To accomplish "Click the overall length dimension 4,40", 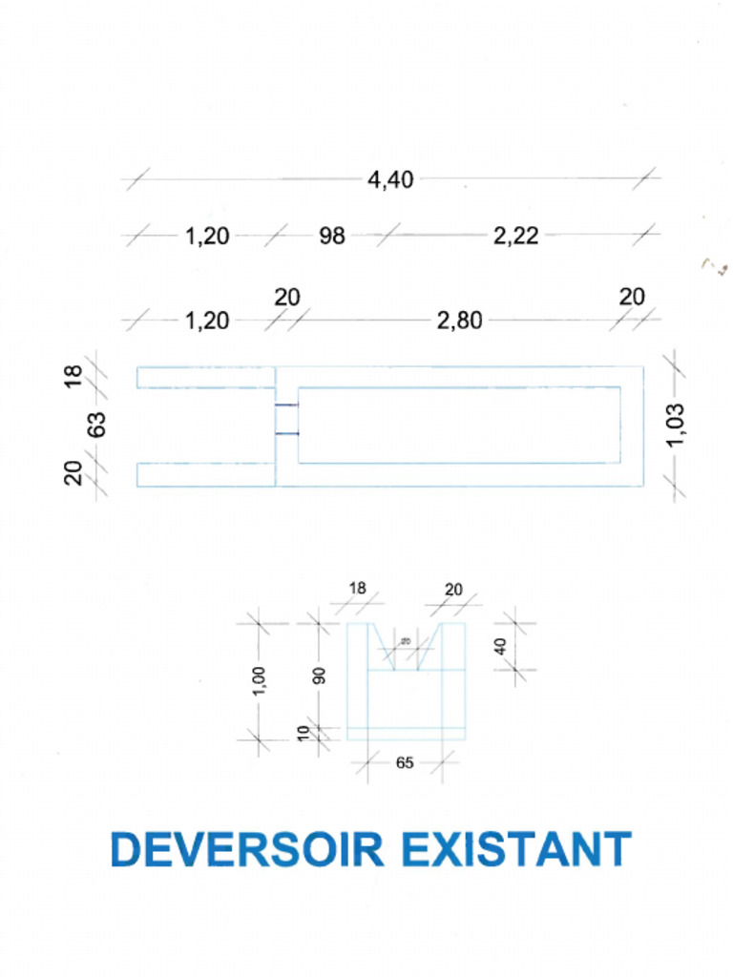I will click(391, 179).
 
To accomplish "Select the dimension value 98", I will click(331, 236).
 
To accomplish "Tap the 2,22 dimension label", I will click(516, 236).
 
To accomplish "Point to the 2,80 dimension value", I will click(459, 321).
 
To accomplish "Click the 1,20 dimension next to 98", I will click(207, 236).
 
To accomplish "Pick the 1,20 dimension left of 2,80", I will click(207, 321).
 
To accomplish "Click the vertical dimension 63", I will click(96, 425).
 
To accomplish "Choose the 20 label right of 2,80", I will click(632, 298).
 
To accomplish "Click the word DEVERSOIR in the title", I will click(247, 849).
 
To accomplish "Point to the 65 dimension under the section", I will click(405, 763).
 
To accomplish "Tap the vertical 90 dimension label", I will click(321, 676).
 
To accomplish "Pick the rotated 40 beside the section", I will click(500, 646).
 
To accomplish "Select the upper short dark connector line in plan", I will click(286, 406).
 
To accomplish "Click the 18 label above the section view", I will click(356, 589).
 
